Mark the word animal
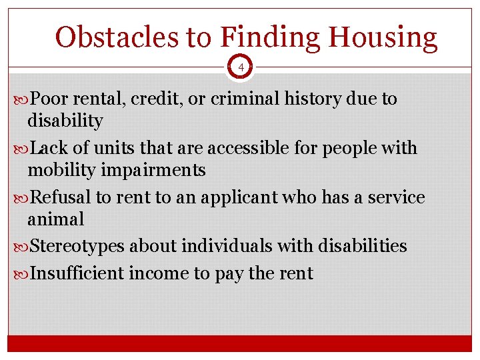(x=56, y=219)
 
